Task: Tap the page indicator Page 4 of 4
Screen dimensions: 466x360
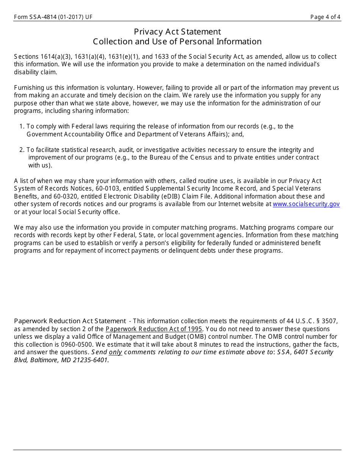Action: coord(325,17)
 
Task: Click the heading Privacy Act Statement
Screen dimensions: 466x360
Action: coord(177,32)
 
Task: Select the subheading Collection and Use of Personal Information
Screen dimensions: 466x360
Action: coord(177,42)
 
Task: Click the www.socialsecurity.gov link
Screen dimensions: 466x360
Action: coord(306,204)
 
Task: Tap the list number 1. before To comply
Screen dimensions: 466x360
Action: coord(22,127)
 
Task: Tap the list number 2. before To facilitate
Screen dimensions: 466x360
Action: coord(22,150)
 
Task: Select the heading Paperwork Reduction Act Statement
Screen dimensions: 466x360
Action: coord(70,321)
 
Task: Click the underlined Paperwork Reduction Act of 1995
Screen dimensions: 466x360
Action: coord(154,329)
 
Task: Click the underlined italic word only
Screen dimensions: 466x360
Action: coord(116,352)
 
